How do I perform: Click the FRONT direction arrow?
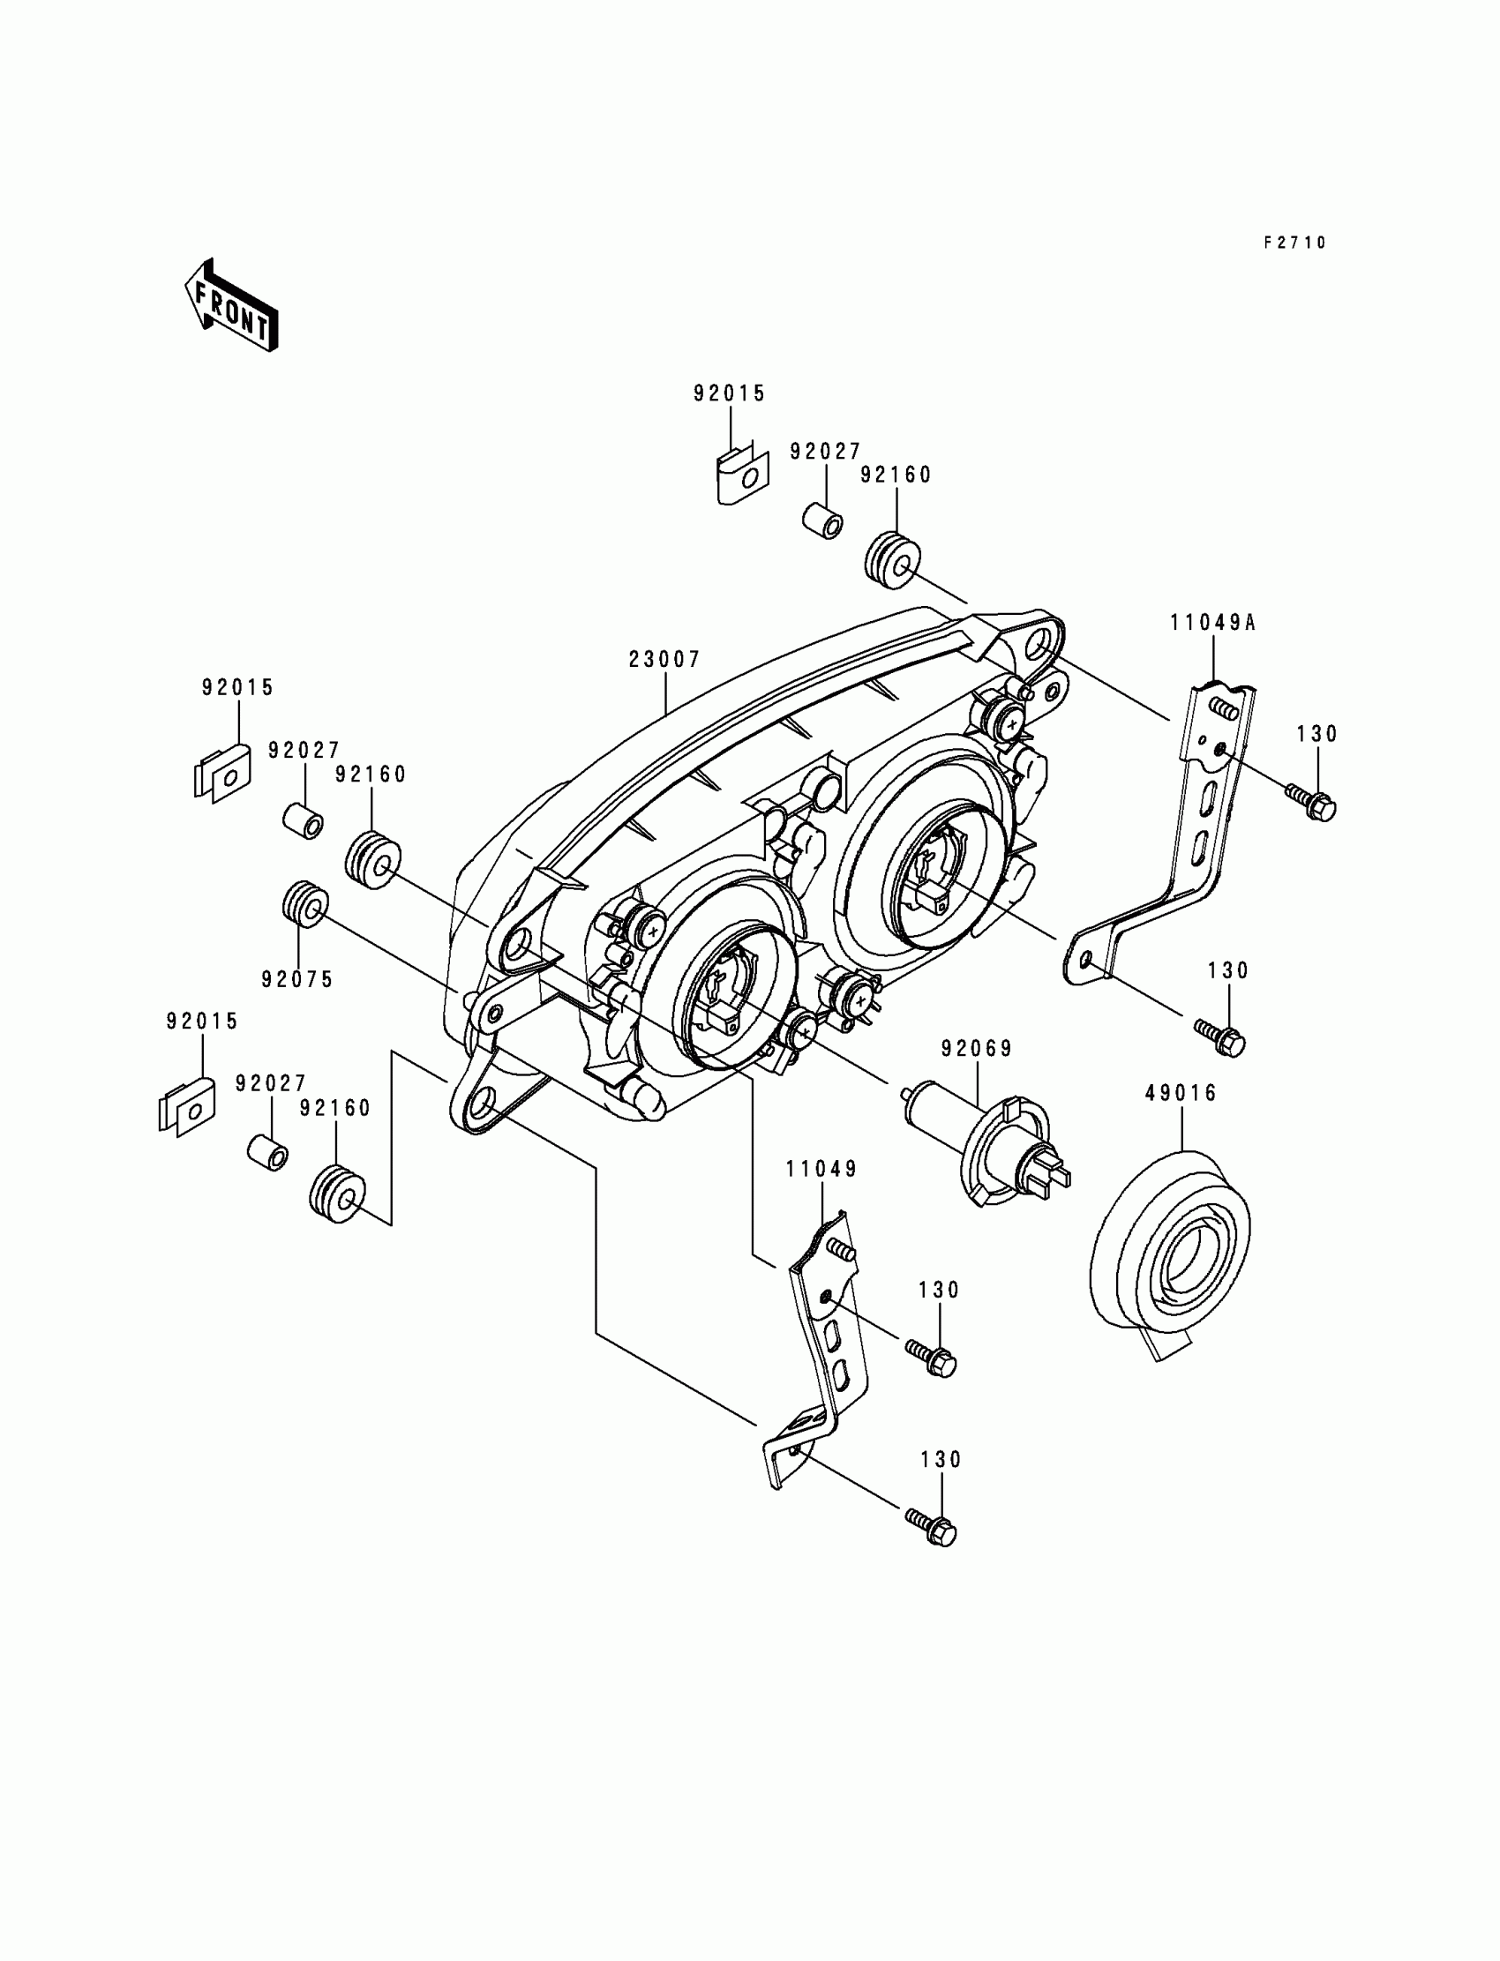231,305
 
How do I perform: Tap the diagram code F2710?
1294,243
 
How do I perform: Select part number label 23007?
664,660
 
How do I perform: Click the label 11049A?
1213,623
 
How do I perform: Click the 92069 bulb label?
977,1049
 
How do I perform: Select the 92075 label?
297,979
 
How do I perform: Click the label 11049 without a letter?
821,1170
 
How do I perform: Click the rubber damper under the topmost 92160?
890,561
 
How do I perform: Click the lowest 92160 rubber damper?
336,1193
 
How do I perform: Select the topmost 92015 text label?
730,393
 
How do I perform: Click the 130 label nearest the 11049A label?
1317,734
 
